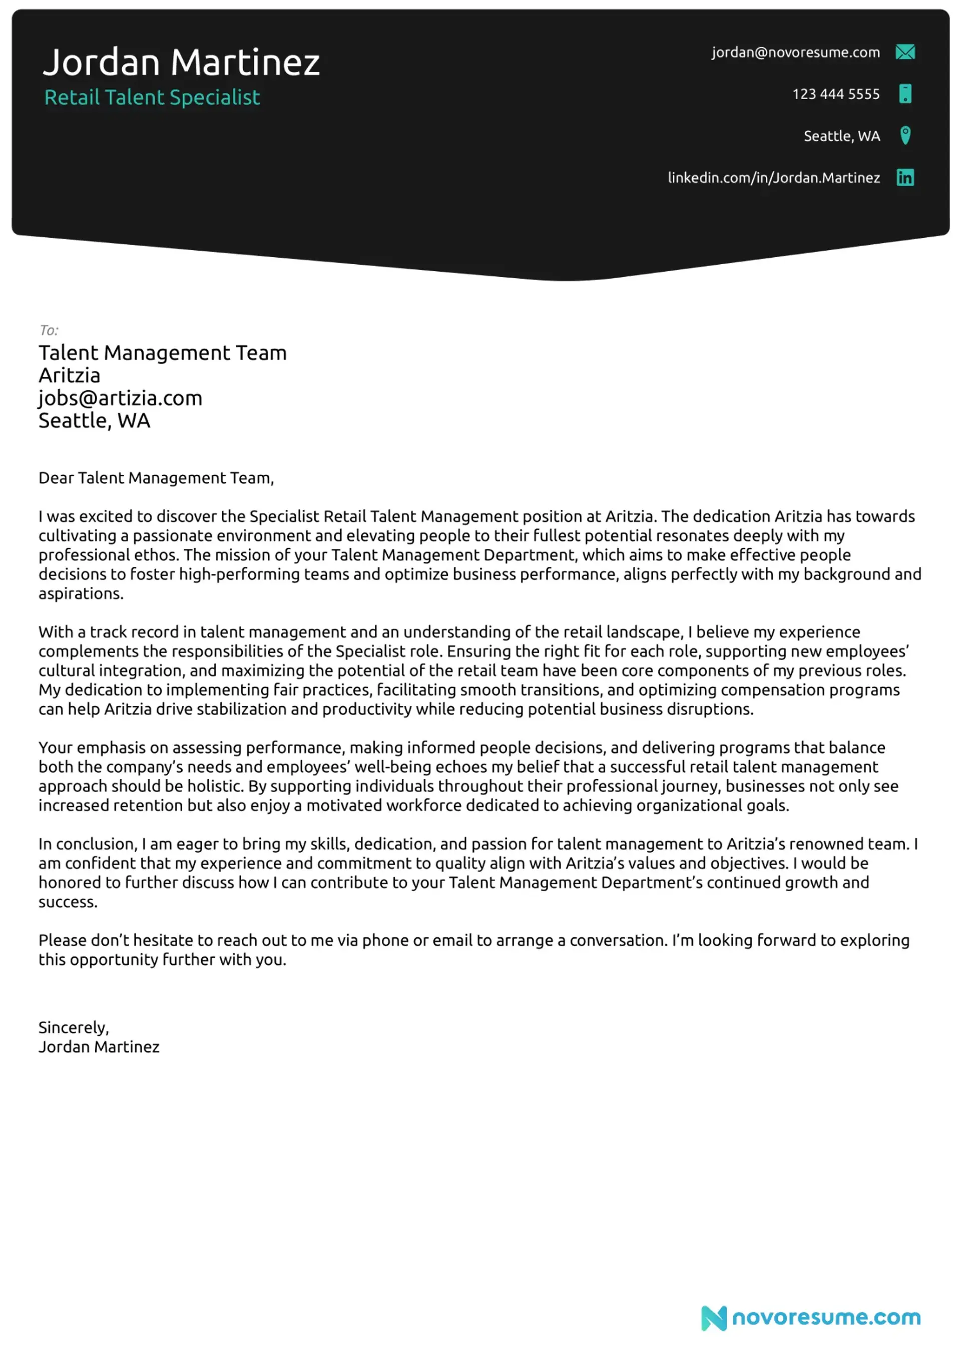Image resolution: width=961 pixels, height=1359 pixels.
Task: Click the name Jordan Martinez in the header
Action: [x=181, y=62]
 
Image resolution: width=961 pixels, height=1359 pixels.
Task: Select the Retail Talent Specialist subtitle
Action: [x=152, y=97]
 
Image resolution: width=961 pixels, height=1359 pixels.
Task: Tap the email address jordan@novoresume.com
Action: [x=795, y=52]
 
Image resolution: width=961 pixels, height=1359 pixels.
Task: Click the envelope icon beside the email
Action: [x=905, y=52]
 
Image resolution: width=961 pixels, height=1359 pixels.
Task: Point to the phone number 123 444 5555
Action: [x=835, y=94]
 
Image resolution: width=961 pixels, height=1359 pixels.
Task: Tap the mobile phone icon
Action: [x=905, y=94]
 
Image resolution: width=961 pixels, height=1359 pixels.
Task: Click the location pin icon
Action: [x=905, y=136]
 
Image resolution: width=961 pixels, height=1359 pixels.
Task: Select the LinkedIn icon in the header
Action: [x=905, y=178]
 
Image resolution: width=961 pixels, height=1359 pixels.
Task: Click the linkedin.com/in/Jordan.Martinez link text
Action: [x=773, y=178]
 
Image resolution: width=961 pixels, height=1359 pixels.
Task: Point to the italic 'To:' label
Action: [x=49, y=330]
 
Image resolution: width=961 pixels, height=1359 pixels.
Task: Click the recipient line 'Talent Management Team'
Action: [x=163, y=353]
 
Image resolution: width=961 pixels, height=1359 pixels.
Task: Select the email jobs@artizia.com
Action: [x=120, y=398]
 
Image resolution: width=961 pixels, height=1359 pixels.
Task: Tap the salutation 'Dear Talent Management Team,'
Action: [x=156, y=478]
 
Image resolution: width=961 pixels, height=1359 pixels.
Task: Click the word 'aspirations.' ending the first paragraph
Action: [x=81, y=593]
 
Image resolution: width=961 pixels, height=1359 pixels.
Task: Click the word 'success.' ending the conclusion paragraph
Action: [x=68, y=902]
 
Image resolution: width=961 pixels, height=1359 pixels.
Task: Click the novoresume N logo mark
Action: [x=714, y=1317]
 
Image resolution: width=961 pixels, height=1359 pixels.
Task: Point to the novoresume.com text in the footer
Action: [x=826, y=1317]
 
